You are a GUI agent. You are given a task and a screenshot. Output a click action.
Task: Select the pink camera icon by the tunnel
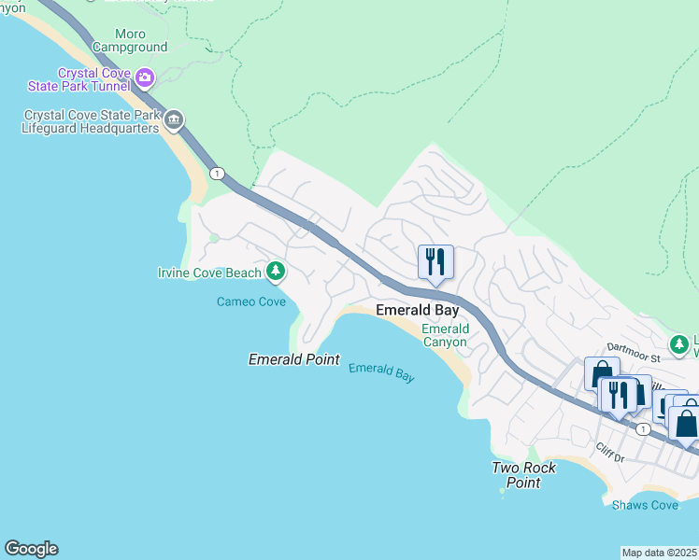point(144,77)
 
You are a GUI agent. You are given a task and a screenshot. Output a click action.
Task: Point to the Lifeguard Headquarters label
point(91,122)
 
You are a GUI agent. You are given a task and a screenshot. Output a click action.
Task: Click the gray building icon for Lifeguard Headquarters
point(173,120)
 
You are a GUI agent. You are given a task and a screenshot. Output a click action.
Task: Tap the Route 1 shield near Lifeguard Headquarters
point(217,174)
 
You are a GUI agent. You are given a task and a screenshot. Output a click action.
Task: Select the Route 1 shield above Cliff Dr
point(643,428)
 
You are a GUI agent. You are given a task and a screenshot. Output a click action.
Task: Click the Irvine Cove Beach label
point(209,273)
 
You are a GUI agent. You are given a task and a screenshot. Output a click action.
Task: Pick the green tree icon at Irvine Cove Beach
point(275,272)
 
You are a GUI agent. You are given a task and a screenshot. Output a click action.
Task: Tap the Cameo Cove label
point(250,301)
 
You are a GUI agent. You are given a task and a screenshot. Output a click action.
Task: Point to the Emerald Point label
point(293,359)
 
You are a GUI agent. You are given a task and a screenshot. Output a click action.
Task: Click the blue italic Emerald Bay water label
point(381,371)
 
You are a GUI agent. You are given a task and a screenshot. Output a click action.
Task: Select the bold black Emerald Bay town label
point(417,310)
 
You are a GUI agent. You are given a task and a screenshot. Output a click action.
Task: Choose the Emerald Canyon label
point(445,336)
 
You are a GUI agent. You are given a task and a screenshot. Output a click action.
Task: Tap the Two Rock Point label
point(524,475)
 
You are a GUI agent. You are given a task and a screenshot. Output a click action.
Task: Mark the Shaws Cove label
point(645,505)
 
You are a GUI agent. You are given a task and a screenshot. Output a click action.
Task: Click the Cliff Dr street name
point(607,453)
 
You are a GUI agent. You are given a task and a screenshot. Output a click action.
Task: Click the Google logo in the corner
point(31,549)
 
